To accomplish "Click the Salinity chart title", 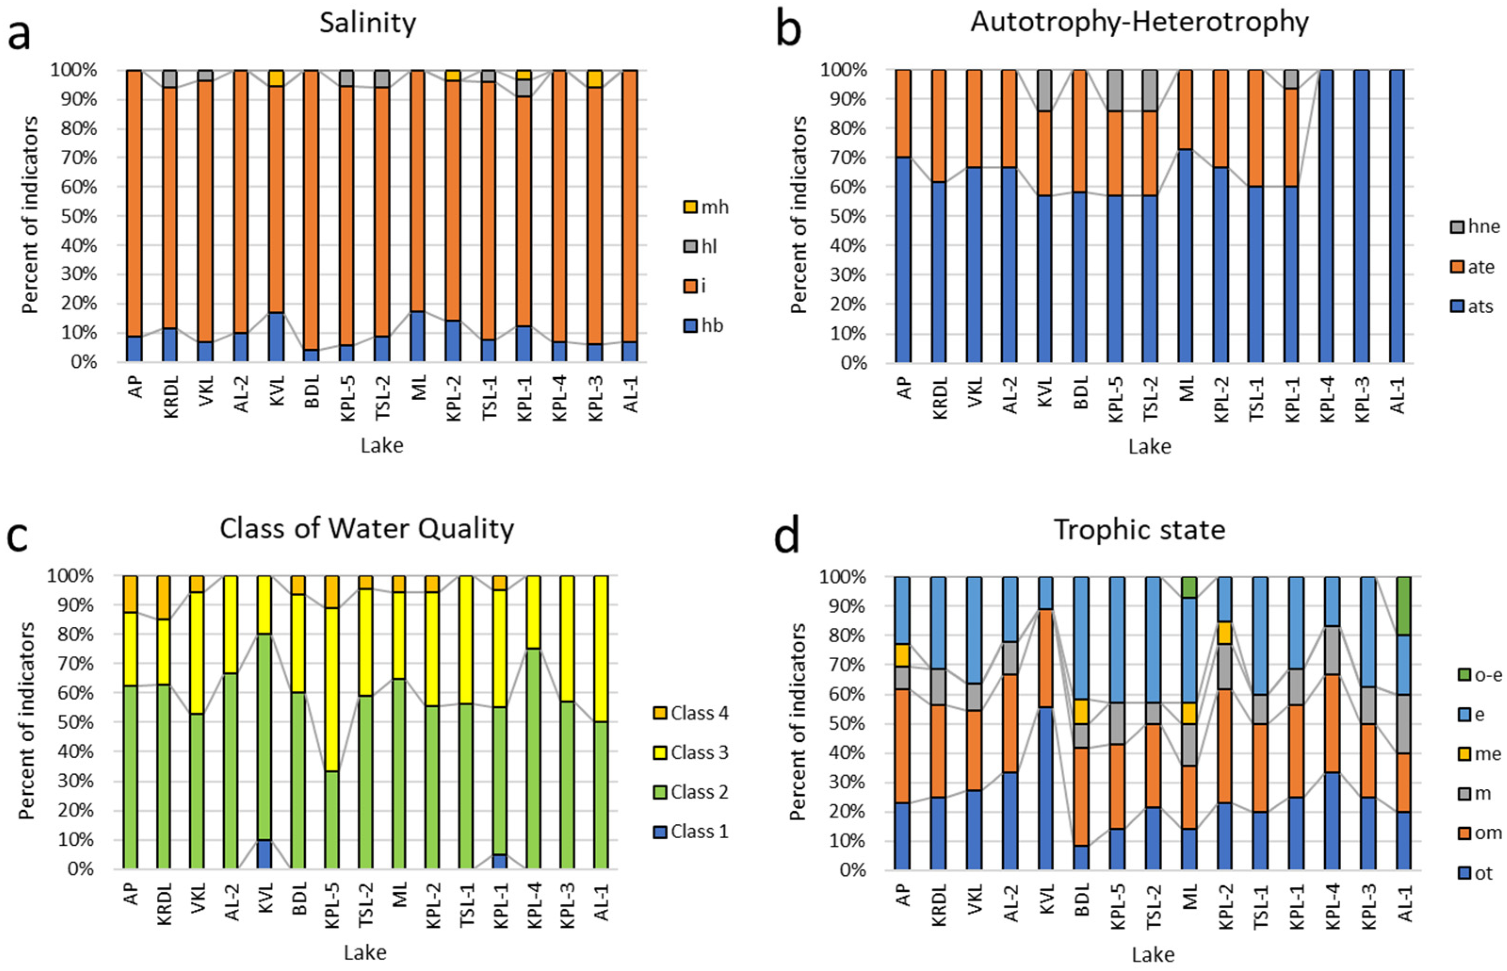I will pyautogui.click(x=368, y=24).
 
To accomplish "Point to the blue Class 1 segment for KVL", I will pyautogui.click(x=264, y=854).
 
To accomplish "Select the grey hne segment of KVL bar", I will pyautogui.click(x=1045, y=90).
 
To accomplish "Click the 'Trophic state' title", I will pyautogui.click(x=1139, y=530).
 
